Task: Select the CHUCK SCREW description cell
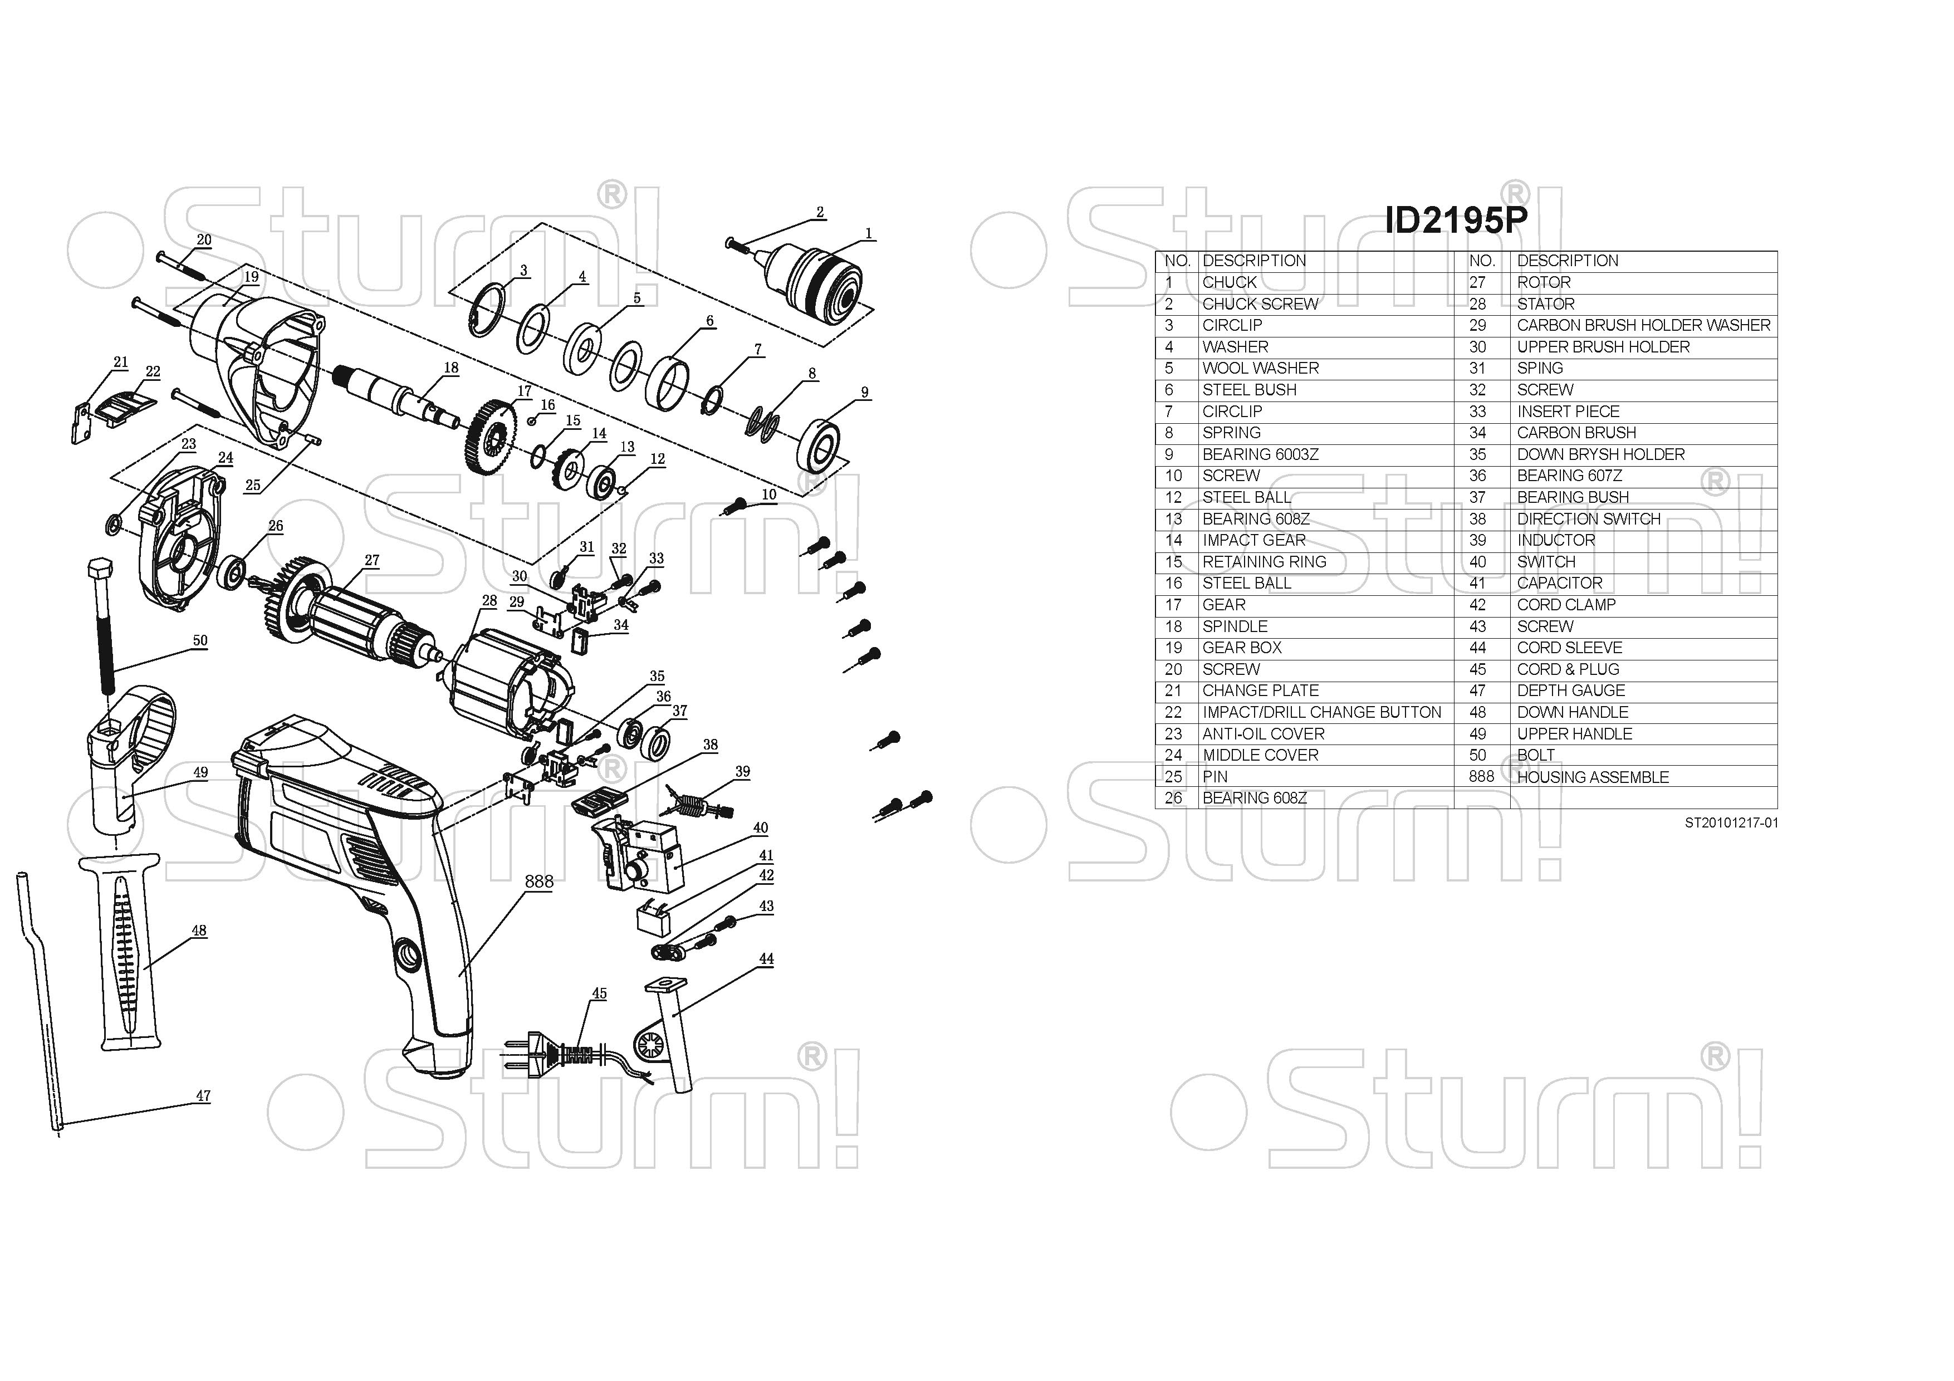1260,304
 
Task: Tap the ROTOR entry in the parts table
1544,282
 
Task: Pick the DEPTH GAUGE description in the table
1570,690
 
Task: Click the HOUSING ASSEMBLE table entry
1592,777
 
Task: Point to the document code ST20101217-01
1731,823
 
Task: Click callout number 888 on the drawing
538,882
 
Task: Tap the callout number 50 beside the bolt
200,641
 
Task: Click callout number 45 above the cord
599,993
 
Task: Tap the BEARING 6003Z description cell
1260,454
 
